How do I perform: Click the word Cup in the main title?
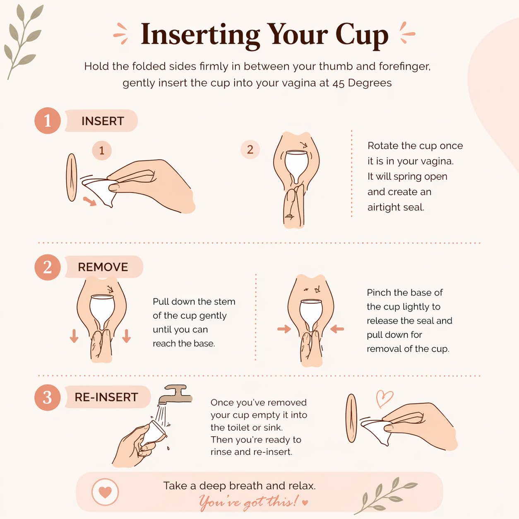coord(362,36)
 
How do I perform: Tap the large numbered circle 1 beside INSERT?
coord(48,121)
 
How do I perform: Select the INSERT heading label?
coord(103,121)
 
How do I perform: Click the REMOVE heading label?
coord(103,267)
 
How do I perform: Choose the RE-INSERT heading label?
coord(106,397)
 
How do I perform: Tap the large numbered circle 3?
coord(48,397)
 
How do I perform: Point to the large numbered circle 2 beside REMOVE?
coord(48,267)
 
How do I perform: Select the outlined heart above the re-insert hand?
coord(384,398)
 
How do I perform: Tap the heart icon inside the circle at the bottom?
coord(105,492)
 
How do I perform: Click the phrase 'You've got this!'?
coord(249,502)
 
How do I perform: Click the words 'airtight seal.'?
coord(396,207)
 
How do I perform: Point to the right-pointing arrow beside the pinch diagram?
coord(284,329)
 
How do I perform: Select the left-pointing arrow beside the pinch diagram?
coord(337,329)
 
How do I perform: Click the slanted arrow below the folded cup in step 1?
coord(89,201)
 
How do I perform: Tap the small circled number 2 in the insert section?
coord(250,149)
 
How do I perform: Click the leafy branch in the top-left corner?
coord(23,41)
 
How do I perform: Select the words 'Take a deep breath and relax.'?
coord(240,485)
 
